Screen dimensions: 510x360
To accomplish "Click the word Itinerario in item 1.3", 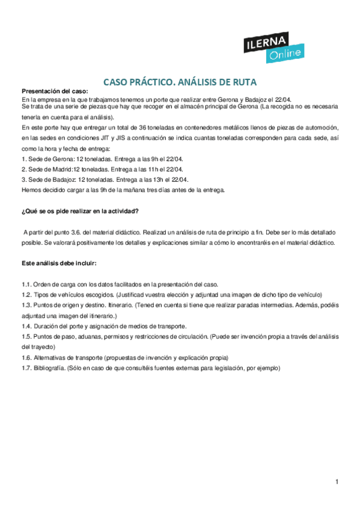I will point(117,305).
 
